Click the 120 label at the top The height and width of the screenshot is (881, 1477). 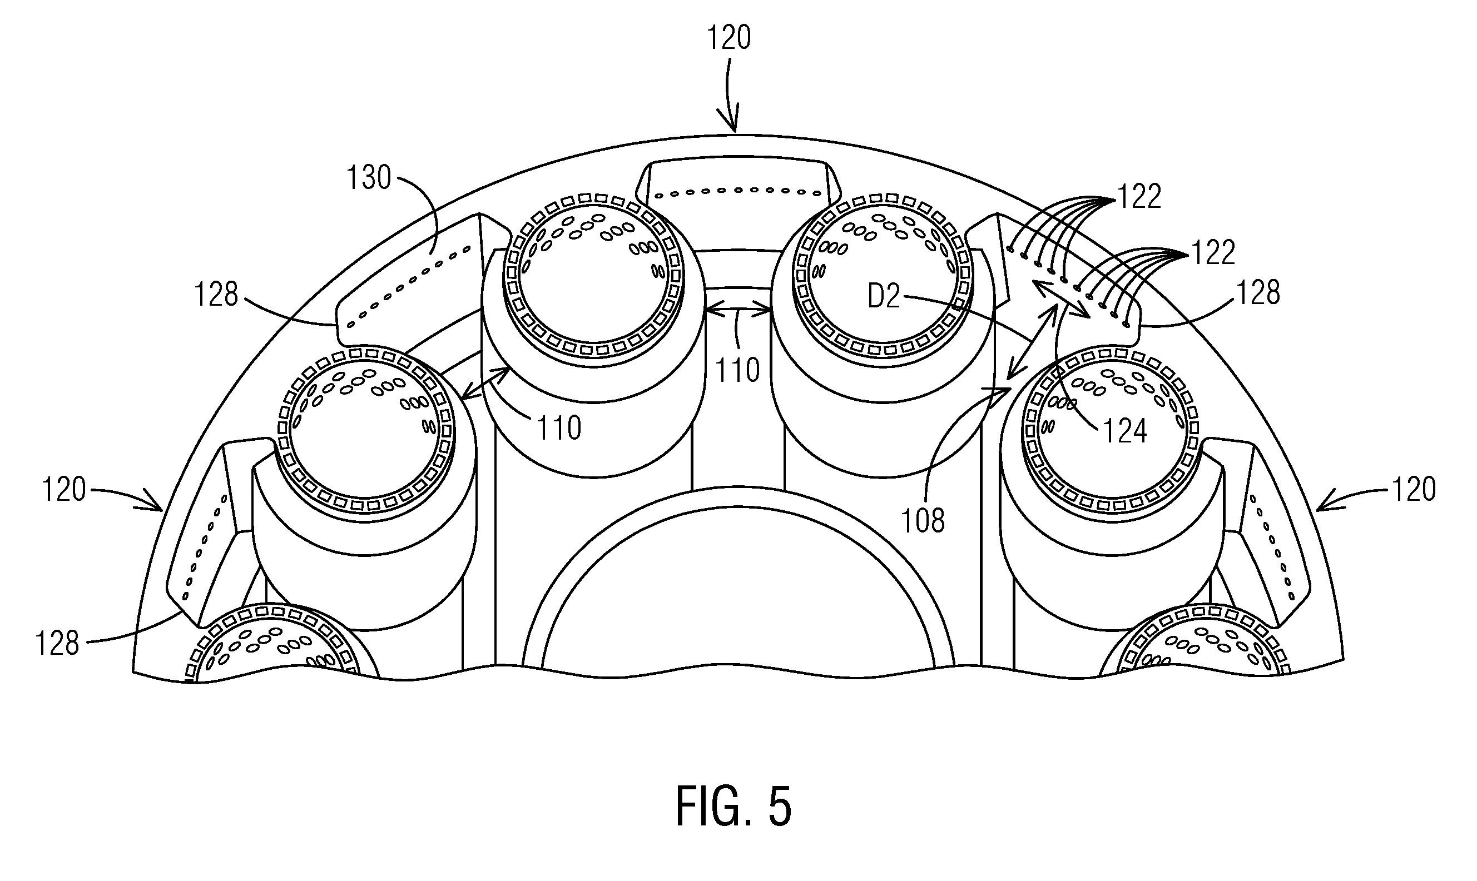point(728,37)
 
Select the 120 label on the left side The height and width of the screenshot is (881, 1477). point(64,490)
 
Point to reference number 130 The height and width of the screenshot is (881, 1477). point(369,177)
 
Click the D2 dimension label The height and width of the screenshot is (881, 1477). point(884,296)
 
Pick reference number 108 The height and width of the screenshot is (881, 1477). point(923,521)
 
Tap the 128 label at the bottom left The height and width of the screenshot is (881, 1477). point(57,644)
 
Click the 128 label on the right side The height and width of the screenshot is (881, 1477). point(1258,293)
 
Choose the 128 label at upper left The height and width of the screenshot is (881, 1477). point(216,294)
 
